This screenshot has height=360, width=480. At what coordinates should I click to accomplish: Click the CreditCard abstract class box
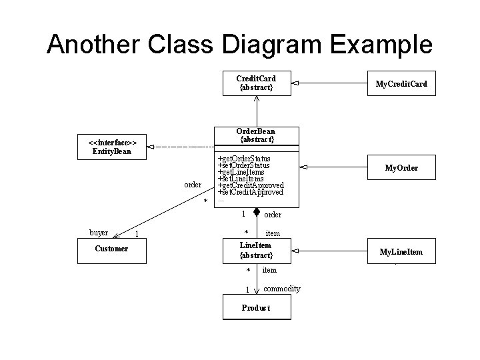(256, 83)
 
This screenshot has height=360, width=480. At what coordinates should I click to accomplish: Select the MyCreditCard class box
(401, 83)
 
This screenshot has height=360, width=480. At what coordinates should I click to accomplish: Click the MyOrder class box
(401, 167)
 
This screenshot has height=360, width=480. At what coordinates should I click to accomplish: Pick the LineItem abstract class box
(256, 251)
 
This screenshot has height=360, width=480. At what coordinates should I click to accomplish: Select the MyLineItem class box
(401, 251)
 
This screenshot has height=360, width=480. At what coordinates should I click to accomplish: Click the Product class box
(256, 308)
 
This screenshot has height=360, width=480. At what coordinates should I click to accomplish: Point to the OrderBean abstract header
(256, 135)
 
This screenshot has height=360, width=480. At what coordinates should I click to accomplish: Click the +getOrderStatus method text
(244, 159)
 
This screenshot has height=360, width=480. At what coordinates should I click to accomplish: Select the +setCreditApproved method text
(251, 192)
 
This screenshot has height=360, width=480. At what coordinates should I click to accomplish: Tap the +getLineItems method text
(241, 172)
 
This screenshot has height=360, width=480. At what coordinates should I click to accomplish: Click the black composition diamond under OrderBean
(256, 213)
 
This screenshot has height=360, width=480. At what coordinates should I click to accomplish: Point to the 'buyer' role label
(99, 233)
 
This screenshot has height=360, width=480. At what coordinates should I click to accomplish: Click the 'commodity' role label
(281, 289)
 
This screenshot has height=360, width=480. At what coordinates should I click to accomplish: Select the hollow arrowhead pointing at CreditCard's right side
(295, 83)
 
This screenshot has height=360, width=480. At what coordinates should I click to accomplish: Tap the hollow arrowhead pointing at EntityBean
(151, 146)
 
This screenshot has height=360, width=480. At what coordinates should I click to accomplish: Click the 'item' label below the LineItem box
(269, 270)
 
